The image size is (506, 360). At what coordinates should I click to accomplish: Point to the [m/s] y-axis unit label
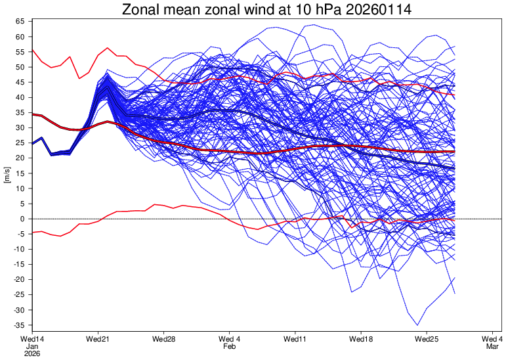[7, 175]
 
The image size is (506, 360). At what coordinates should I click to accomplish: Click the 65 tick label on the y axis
[20, 22]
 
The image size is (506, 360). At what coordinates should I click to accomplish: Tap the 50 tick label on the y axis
[20, 67]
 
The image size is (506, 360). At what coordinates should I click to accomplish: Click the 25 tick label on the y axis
[20, 143]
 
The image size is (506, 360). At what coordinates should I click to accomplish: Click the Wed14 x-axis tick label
[32, 339]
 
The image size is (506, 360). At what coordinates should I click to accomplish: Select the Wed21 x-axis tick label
[98, 339]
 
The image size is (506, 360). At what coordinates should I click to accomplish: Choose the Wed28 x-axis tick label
[163, 339]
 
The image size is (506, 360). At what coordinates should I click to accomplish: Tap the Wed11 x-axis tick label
[295, 339]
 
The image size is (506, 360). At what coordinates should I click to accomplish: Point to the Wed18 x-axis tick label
[361, 339]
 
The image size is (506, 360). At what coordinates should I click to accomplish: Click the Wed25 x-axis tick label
[427, 339]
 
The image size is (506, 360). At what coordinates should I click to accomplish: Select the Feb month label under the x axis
[229, 346]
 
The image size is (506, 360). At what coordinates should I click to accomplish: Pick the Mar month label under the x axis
[492, 346]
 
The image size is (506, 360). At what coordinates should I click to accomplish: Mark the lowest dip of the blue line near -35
[417, 325]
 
